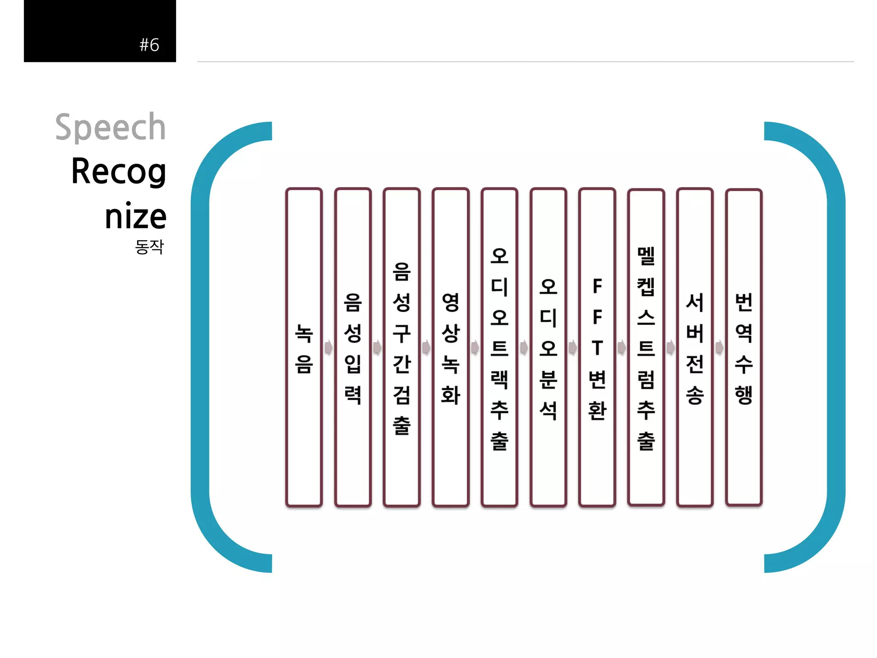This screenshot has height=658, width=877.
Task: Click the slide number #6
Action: (x=149, y=45)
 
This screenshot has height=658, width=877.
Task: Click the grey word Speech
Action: (x=110, y=127)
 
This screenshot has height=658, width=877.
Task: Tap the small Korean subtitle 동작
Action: (x=149, y=247)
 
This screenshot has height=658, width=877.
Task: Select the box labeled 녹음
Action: (x=304, y=347)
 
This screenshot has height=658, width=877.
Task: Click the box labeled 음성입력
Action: (x=353, y=347)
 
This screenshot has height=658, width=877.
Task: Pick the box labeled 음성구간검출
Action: (x=402, y=347)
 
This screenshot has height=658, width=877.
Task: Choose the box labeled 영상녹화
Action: (x=450, y=347)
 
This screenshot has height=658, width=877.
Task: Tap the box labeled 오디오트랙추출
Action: (x=499, y=347)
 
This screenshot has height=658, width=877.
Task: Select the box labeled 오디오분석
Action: (x=548, y=347)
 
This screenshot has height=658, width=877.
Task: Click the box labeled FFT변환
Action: (x=597, y=347)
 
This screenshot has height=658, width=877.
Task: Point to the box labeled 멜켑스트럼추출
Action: (x=646, y=347)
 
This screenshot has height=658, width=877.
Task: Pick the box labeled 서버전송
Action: (x=695, y=347)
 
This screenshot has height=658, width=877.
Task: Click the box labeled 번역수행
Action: (x=744, y=347)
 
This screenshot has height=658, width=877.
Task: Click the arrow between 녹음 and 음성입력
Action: (x=328, y=347)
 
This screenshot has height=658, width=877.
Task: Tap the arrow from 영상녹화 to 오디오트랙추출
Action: (x=475, y=347)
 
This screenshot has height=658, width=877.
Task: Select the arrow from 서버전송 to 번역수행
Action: (x=719, y=347)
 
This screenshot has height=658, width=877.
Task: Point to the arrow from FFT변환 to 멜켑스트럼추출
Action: (x=622, y=347)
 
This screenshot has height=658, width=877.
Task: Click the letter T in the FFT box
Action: (x=597, y=348)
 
